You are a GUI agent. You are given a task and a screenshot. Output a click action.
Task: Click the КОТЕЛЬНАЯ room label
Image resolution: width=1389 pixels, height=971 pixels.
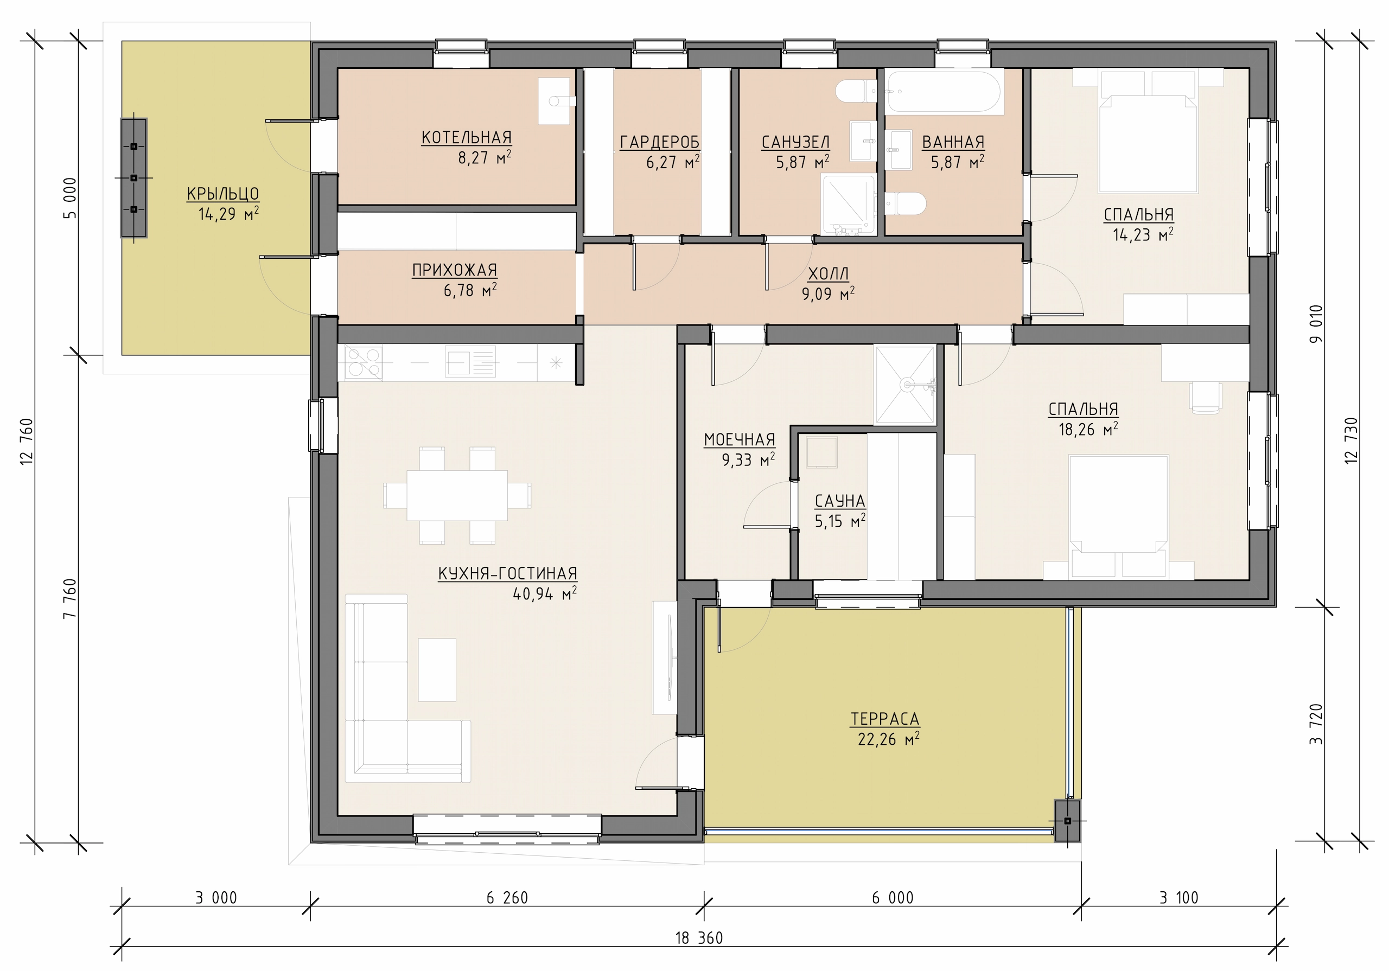point(467,137)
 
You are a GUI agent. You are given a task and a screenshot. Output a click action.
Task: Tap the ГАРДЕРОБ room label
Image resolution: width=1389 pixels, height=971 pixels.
point(660,142)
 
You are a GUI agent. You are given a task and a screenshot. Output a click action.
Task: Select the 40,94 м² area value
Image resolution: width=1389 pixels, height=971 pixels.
point(544,593)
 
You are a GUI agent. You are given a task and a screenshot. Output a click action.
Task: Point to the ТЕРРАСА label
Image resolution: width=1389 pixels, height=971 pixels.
point(884,719)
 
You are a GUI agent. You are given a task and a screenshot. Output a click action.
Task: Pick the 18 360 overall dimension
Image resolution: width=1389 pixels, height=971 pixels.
point(699,938)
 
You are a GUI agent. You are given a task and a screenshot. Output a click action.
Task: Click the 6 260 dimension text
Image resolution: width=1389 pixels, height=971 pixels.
point(507,898)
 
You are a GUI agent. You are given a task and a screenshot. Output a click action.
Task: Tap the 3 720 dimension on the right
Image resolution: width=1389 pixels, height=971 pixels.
point(1316,724)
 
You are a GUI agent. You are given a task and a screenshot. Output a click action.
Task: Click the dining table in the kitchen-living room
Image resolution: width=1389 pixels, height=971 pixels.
point(457,495)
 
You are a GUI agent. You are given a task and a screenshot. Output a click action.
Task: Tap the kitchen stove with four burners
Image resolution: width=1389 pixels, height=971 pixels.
point(364,363)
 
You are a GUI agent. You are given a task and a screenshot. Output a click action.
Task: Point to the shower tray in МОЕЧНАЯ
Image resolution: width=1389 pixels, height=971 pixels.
point(905,385)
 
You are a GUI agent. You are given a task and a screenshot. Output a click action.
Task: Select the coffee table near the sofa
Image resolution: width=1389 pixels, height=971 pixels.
point(437,670)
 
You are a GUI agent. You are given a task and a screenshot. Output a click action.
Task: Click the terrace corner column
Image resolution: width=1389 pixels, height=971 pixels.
point(1068,821)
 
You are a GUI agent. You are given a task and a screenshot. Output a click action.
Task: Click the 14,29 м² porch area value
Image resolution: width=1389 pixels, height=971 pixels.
point(228,214)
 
